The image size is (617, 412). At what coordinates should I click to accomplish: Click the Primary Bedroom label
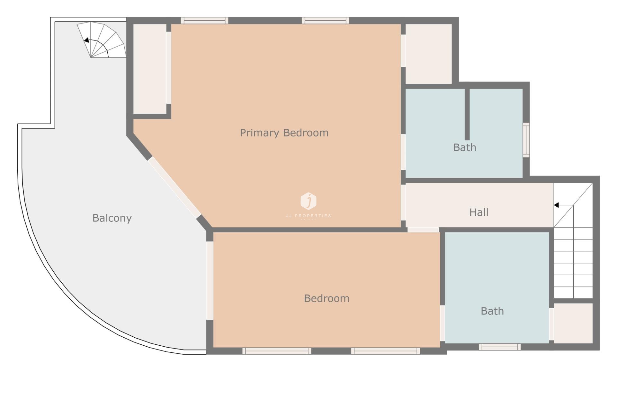tap(284, 133)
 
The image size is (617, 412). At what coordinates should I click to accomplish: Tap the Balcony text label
tap(112, 218)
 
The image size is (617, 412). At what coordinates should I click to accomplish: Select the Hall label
tap(478, 212)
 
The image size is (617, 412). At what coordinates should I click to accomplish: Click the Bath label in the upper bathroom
tap(464, 147)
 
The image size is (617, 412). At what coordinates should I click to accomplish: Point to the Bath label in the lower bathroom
tap(492, 311)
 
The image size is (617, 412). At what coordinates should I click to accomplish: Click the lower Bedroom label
tap(326, 298)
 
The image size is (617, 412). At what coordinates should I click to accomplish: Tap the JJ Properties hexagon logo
tap(308, 201)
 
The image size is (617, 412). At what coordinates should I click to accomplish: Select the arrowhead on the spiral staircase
tap(86, 40)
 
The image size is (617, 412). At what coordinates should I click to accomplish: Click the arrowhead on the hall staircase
tap(556, 205)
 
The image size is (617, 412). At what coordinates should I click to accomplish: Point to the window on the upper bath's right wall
tap(526, 140)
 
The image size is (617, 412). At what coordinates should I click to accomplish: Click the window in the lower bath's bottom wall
tap(499, 347)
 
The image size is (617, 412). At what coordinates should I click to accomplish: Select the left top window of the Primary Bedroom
tap(204, 21)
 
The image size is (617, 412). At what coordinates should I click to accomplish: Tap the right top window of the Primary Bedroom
tap(325, 21)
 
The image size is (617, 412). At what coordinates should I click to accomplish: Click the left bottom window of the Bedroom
tap(277, 351)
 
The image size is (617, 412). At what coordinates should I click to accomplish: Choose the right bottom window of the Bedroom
tap(385, 351)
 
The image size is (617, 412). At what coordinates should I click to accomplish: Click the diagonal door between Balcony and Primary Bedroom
tap(174, 187)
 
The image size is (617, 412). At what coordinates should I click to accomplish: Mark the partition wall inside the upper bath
tap(467, 114)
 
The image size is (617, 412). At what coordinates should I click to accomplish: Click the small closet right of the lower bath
tap(573, 323)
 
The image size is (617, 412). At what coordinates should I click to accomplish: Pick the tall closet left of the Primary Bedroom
tap(150, 69)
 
